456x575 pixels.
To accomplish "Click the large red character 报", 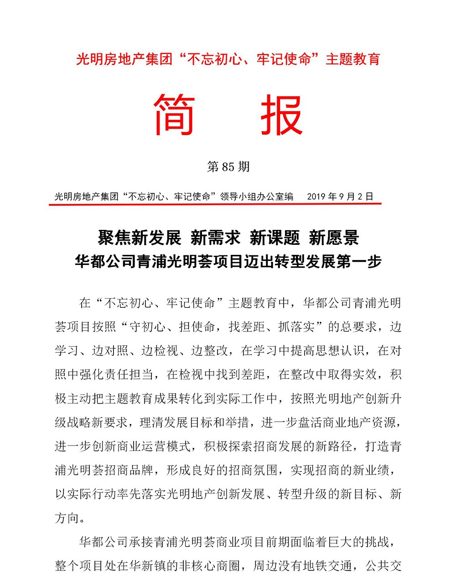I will click(x=282, y=115).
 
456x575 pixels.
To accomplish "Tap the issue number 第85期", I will click(x=228, y=167).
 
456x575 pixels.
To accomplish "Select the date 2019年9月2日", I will click(x=340, y=197).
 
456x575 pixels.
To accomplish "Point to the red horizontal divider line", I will click(x=214, y=204).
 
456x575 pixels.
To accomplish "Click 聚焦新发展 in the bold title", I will click(x=140, y=238).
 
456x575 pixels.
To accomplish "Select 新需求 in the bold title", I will click(x=215, y=238).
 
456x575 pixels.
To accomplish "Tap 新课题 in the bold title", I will click(x=275, y=238).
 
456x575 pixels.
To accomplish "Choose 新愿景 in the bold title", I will click(x=334, y=238).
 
